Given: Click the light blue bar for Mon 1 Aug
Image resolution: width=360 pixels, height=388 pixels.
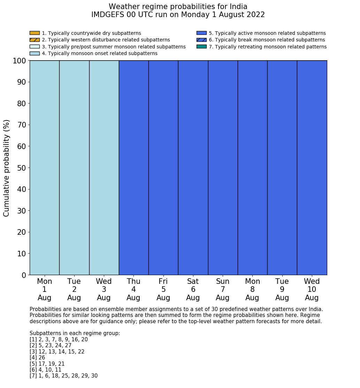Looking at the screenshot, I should click(44, 168).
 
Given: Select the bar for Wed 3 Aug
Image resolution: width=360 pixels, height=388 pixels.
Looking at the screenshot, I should click(104, 168).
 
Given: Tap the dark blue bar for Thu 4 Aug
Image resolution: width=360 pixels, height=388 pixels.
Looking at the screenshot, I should click(133, 168).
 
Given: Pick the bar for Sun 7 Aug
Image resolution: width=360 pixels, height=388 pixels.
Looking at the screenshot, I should click(223, 168).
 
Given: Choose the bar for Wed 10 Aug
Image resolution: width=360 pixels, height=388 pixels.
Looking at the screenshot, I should click(312, 168).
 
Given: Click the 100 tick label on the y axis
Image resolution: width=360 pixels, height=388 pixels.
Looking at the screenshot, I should click(19, 61).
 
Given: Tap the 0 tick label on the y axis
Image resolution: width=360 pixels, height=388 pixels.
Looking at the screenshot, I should click(24, 275).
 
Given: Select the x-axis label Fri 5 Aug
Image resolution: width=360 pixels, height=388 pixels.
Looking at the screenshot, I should click(163, 289).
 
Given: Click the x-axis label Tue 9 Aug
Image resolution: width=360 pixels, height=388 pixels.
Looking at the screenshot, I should click(282, 289).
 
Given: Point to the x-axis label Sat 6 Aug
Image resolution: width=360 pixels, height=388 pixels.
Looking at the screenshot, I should click(193, 289).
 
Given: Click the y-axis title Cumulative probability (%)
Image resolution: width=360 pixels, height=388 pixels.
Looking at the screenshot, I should click(7, 168).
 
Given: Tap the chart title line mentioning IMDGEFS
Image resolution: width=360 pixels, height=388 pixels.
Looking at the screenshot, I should click(178, 15).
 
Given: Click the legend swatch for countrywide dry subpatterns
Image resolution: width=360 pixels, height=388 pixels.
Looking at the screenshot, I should click(35, 33).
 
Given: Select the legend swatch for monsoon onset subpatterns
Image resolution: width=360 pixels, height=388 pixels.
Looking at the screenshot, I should click(35, 53).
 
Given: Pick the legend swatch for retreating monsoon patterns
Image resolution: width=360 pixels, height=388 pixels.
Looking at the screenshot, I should click(201, 47).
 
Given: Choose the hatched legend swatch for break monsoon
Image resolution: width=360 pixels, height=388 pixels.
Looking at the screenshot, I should click(201, 40).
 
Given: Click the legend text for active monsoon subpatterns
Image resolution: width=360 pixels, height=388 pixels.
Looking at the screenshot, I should click(267, 33).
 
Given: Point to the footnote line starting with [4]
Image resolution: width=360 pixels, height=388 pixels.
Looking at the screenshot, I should click(37, 358).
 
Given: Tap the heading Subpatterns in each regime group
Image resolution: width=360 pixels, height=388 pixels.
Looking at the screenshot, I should click(75, 333).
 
